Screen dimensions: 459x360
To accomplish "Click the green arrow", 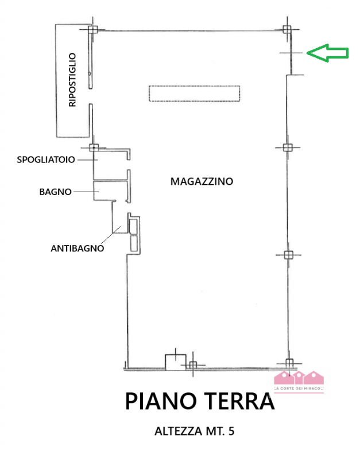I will coord(327,53).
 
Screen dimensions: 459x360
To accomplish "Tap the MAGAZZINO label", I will coord(202,181).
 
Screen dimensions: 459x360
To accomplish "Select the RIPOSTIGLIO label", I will coord(72,80).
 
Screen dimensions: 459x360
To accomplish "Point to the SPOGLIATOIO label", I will coord(46,160).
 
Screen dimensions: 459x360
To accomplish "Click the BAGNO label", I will coord(55,192).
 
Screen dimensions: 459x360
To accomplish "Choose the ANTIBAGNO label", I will coord(77,248).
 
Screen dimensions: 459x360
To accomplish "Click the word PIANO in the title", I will coord(161,401).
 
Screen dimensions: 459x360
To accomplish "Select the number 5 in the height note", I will coord(231,431).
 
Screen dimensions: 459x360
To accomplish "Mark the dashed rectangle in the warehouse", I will coord(193,93).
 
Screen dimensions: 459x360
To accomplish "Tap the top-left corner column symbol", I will coord(93,29).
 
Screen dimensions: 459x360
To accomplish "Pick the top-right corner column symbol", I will coord(288,29).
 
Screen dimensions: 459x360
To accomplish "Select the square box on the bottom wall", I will coord(175,361).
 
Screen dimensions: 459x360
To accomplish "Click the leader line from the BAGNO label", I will coord(83,192).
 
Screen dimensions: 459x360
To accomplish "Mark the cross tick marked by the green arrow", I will coord(291,53).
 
